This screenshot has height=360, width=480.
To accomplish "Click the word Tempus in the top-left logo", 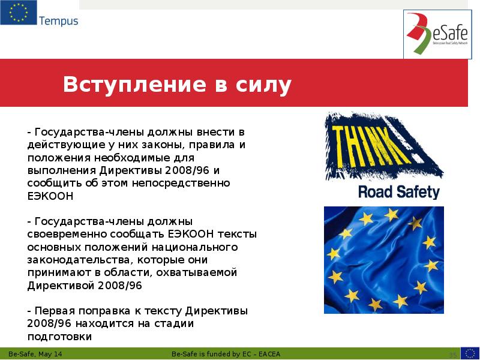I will [x=59, y=21].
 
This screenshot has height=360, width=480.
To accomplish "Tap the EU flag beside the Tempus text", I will [x=18, y=13].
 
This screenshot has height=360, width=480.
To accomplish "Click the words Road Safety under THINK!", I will [x=398, y=192].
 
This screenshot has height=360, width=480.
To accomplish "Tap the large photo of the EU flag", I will [x=383, y=259].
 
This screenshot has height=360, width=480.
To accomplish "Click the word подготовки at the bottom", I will [x=59, y=337].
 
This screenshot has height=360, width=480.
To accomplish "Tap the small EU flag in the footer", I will [x=469, y=353].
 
